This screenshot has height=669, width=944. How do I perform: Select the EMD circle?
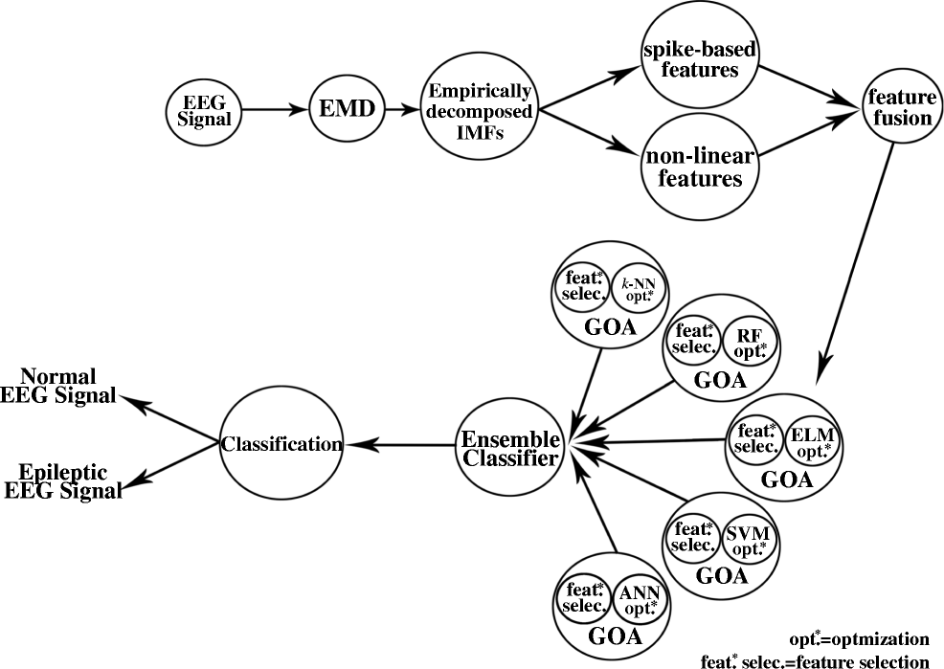[345, 110]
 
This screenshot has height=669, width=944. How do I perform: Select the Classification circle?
[281, 445]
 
